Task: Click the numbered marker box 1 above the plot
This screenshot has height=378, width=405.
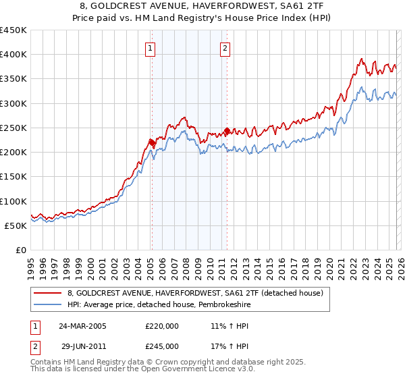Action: (149, 48)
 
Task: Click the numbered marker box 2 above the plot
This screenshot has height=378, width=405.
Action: (224, 48)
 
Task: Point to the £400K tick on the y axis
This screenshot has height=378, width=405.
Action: (13, 55)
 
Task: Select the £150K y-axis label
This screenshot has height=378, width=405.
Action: (13, 177)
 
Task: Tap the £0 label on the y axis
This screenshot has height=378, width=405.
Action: (20, 250)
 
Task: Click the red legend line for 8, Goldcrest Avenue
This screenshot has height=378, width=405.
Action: (48, 294)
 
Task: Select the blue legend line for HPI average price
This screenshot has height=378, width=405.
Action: (48, 305)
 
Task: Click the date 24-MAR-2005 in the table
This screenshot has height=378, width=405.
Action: (82, 325)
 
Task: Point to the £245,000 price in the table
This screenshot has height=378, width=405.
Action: (162, 346)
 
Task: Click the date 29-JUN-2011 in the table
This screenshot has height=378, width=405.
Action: (82, 346)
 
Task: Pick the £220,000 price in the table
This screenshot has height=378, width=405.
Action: (162, 325)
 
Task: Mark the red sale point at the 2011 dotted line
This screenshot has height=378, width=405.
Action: (227, 130)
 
